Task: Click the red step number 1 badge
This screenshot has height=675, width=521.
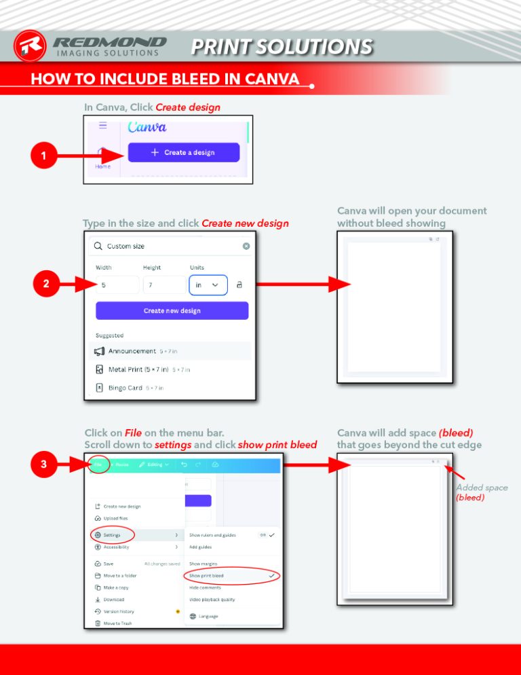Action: (x=43, y=157)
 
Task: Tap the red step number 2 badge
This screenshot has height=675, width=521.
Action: (x=45, y=285)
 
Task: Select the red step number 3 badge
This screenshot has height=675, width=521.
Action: (x=43, y=464)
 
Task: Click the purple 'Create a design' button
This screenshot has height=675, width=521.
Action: (x=184, y=152)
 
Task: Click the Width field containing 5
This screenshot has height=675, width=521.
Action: (x=117, y=285)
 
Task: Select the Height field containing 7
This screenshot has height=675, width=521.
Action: (x=163, y=285)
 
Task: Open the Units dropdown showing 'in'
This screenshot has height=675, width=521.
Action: (x=208, y=285)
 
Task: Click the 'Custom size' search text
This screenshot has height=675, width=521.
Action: (x=126, y=246)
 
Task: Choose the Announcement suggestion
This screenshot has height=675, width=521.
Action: (x=132, y=351)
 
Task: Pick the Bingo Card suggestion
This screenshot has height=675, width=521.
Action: (x=126, y=388)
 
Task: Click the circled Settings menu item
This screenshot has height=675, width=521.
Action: (x=112, y=535)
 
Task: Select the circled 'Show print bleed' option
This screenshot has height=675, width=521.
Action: (x=206, y=575)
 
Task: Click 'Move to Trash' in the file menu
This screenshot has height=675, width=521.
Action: (x=117, y=623)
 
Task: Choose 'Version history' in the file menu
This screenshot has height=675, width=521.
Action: (x=119, y=611)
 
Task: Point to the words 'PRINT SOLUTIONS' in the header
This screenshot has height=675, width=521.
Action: (x=281, y=46)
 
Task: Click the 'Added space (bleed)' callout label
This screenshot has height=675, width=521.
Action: (x=480, y=492)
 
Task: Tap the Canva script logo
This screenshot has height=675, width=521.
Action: (x=147, y=127)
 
